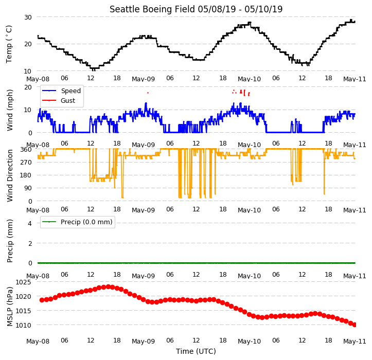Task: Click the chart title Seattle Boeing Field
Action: click(x=152, y=9)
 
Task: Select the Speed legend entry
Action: click(x=61, y=91)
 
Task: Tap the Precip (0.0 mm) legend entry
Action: click(x=77, y=222)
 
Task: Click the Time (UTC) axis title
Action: click(x=196, y=351)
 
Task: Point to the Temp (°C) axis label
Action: click(x=9, y=44)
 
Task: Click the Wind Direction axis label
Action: click(x=10, y=176)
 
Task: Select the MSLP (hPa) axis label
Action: click(x=10, y=307)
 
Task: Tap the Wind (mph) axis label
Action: click(x=10, y=110)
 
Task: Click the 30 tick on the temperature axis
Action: click(x=28, y=17)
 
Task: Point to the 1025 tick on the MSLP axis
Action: click(x=24, y=282)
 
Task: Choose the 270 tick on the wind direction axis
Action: click(x=26, y=163)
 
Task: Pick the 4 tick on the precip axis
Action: click(x=30, y=223)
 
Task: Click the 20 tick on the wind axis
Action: click(x=28, y=87)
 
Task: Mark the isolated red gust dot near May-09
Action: click(x=148, y=93)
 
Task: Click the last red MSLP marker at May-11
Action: click(x=355, y=325)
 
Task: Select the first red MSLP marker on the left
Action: click(x=42, y=300)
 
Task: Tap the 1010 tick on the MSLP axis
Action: click(x=24, y=326)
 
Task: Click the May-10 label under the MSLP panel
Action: click(x=249, y=341)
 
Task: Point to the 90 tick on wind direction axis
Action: click(x=28, y=188)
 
